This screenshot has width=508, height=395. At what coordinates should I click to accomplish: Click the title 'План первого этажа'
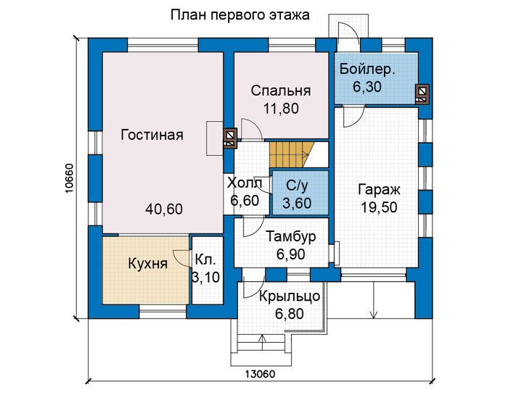click(239, 15)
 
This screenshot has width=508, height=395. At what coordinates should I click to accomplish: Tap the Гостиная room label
click(152, 135)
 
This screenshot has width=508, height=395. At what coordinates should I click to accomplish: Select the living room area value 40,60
click(164, 209)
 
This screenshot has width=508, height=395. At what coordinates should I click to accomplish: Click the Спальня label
click(281, 91)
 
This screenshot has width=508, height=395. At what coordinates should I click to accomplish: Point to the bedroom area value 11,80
click(281, 109)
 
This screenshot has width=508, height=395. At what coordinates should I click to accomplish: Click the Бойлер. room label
click(367, 70)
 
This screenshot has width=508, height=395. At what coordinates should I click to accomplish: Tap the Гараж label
click(379, 190)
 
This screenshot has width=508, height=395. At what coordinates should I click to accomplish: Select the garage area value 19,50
click(379, 207)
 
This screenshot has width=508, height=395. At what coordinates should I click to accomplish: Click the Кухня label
click(148, 263)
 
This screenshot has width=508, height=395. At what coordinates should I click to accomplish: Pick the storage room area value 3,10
click(206, 278)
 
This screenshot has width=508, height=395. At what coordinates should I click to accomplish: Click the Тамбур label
click(290, 237)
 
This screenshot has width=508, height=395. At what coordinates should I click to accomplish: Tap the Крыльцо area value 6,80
click(290, 314)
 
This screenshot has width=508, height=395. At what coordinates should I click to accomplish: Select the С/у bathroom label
click(297, 186)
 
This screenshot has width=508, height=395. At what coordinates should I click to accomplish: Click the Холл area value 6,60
click(245, 201)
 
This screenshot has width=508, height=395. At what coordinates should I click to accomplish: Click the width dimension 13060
click(260, 374)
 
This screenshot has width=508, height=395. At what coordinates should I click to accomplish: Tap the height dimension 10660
click(70, 178)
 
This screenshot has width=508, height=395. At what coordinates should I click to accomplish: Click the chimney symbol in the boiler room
click(422, 93)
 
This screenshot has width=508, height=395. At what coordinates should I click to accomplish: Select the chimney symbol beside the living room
click(230, 138)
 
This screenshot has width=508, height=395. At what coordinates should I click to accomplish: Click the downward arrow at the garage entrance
click(374, 300)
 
